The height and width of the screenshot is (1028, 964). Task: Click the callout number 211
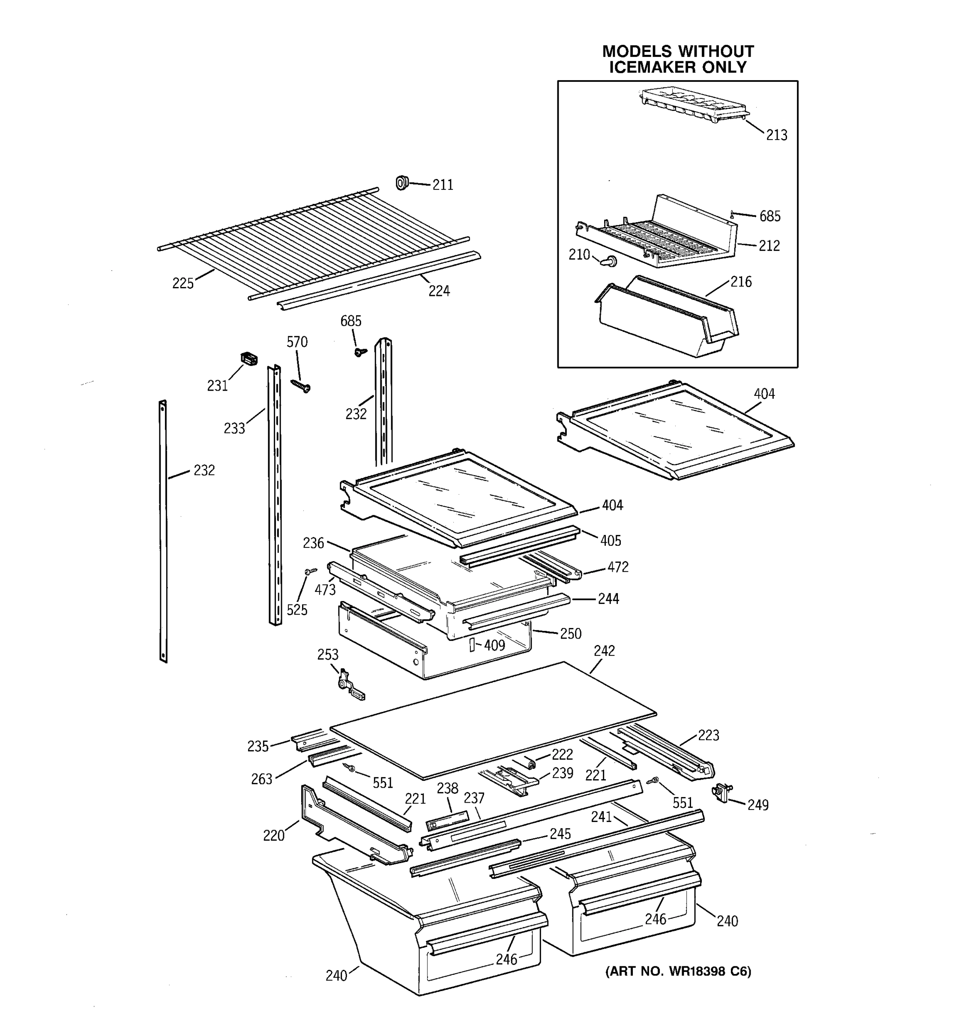(442, 185)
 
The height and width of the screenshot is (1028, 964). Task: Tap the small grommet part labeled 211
(402, 182)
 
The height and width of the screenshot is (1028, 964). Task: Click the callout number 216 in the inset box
(741, 282)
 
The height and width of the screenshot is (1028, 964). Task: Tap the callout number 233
(234, 428)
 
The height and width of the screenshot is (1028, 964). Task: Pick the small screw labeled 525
(310, 571)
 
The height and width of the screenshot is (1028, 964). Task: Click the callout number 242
(604, 651)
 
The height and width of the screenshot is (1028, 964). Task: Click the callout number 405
(610, 541)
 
